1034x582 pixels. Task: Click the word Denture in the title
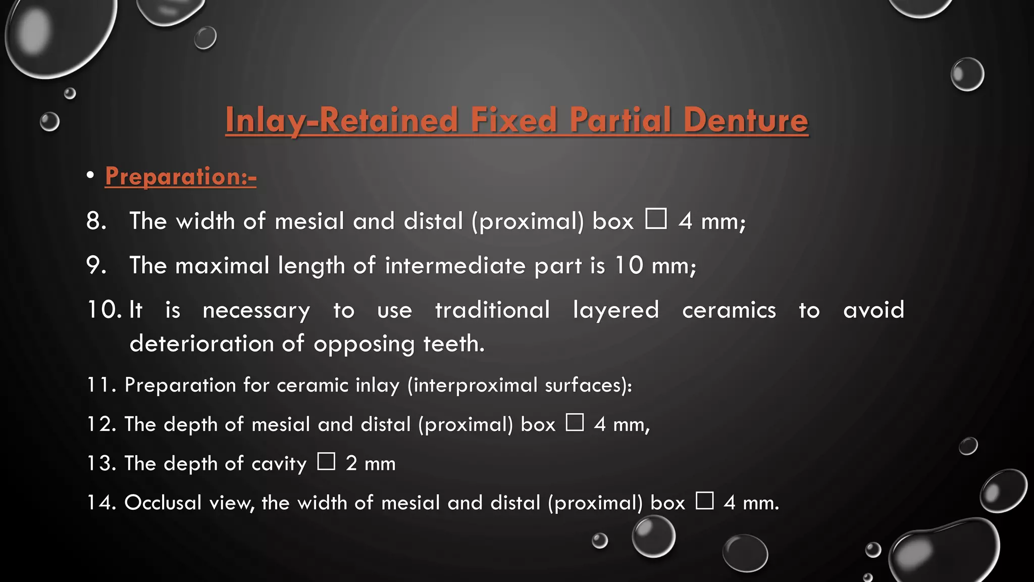pos(745,120)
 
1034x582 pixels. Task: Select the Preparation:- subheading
pos(181,176)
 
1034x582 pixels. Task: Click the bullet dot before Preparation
pos(90,175)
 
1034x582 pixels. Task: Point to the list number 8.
pos(96,221)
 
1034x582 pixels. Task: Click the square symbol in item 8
pos(656,219)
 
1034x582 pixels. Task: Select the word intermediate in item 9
pos(455,265)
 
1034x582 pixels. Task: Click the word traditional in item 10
pos(492,310)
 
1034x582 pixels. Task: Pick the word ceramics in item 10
pos(729,310)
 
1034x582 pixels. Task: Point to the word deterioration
pos(201,344)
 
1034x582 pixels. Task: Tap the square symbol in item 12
pos(575,422)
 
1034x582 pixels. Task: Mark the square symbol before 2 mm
pos(326,461)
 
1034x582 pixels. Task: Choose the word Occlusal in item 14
pos(163,503)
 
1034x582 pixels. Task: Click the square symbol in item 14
pos(704,501)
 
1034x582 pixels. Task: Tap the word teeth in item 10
pos(453,344)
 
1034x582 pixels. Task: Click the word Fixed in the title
pos(513,120)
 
